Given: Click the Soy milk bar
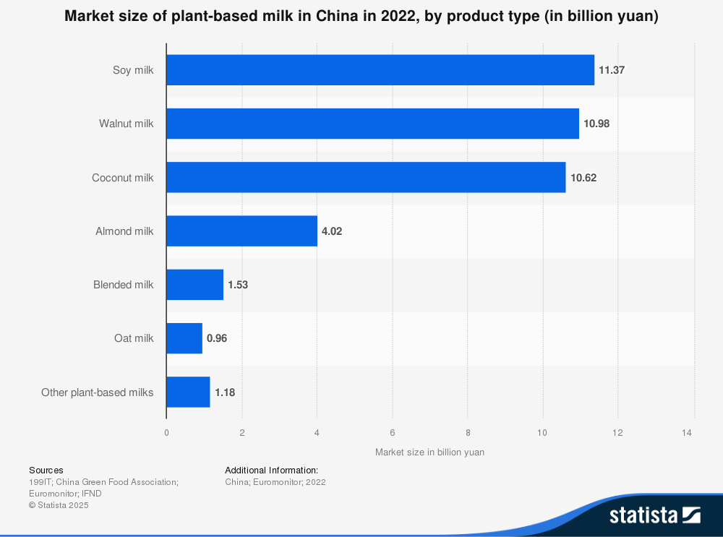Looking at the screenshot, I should (x=380, y=70).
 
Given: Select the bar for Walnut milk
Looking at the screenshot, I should (x=372, y=124).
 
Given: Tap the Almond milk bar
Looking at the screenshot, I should (x=241, y=231).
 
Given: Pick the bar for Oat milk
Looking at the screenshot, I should (x=184, y=338).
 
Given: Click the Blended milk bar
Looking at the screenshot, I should (x=195, y=285).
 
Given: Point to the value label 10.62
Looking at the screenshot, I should (x=583, y=178).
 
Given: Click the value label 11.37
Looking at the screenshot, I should (x=612, y=70).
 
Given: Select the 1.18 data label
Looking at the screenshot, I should (x=225, y=392).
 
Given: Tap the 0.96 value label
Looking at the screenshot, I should (x=217, y=338).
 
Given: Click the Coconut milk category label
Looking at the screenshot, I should (x=123, y=178).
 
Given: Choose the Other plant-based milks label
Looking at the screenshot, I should (x=98, y=392).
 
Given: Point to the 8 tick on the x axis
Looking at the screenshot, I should (x=468, y=432).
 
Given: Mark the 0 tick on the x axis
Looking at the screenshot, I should (x=166, y=432).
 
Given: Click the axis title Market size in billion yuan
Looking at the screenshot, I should (x=429, y=452).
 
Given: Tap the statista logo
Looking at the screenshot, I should (x=654, y=515).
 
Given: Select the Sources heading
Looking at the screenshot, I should (x=46, y=470).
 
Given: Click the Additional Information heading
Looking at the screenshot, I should (x=271, y=470).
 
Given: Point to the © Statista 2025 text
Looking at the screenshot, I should (x=59, y=505).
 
